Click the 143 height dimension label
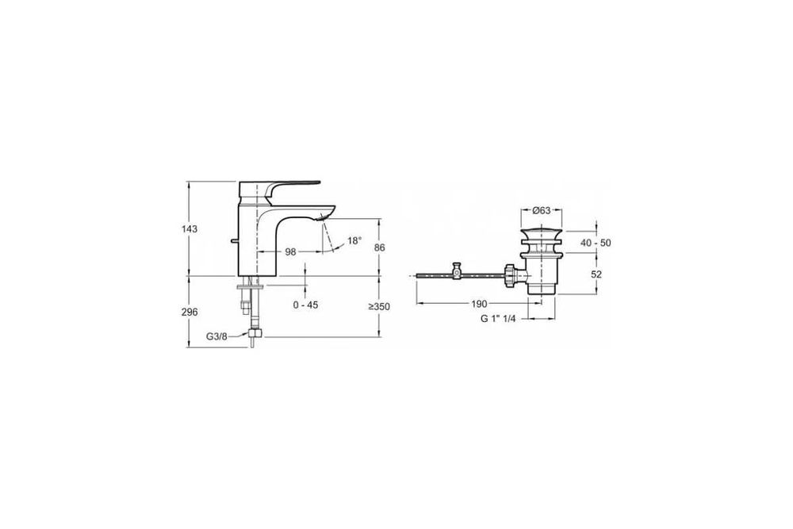190,229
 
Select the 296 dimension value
190,312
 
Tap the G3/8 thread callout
216,335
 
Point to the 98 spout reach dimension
290,252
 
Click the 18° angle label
355,241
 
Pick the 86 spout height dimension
380,247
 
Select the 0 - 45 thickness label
305,305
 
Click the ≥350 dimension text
379,306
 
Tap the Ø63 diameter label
542,210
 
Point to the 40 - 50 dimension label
596,243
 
